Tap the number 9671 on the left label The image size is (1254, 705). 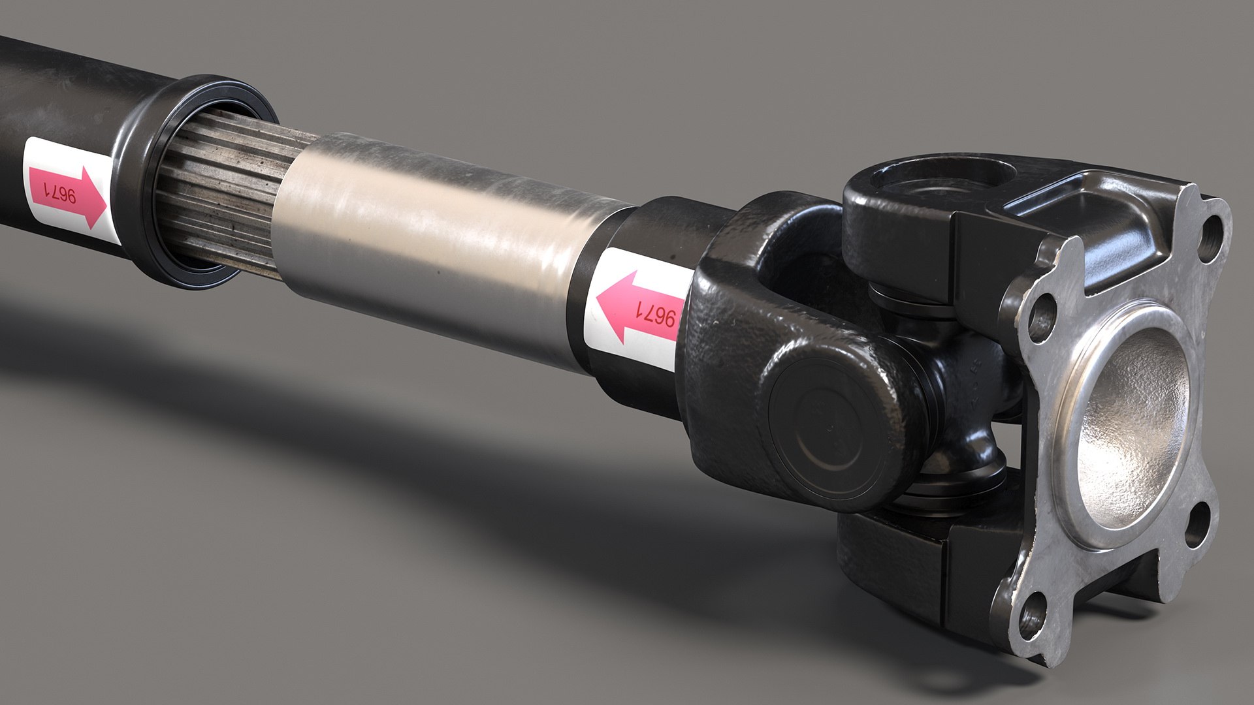[60, 194]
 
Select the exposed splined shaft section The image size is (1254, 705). [216, 196]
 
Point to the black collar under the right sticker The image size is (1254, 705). [627, 385]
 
